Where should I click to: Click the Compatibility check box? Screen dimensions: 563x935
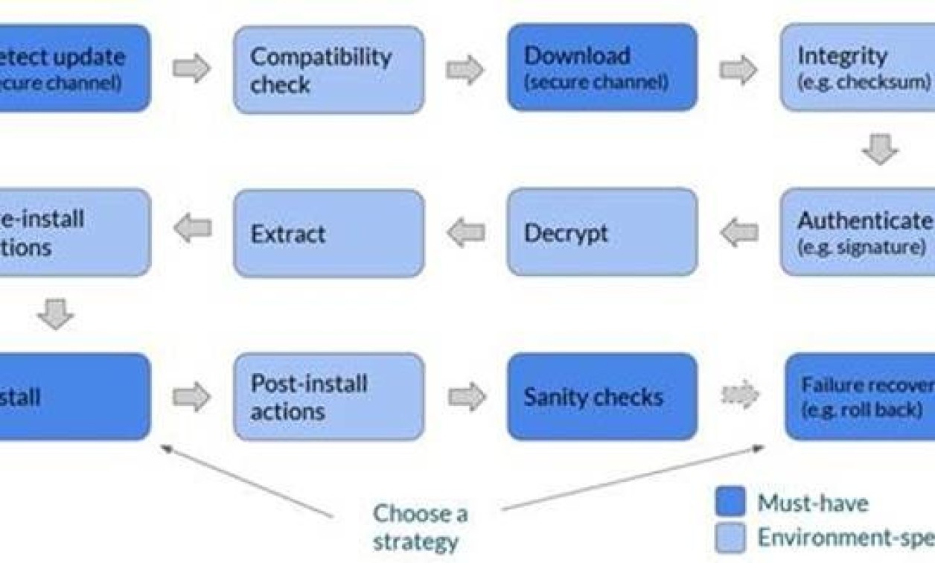point(329,70)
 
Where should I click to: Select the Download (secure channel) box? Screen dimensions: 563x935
point(602,67)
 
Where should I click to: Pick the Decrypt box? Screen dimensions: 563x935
point(602,232)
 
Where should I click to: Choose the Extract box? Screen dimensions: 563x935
point(329,233)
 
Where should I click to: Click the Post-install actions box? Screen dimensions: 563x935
point(329,397)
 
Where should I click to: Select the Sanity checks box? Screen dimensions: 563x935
point(602,397)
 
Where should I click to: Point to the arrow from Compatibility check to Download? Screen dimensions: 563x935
point(465,70)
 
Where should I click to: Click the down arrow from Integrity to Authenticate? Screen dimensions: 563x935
point(880,150)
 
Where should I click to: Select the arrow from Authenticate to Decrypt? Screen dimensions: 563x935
point(739,232)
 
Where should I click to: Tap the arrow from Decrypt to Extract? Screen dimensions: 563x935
point(466,233)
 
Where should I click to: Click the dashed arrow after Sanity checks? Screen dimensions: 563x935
point(740,395)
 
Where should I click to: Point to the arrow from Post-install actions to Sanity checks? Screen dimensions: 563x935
point(467,397)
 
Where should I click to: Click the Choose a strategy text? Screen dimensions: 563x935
point(420,527)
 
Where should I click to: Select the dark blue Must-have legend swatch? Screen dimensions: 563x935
point(730,503)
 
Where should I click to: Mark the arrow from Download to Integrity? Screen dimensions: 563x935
point(738,70)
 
